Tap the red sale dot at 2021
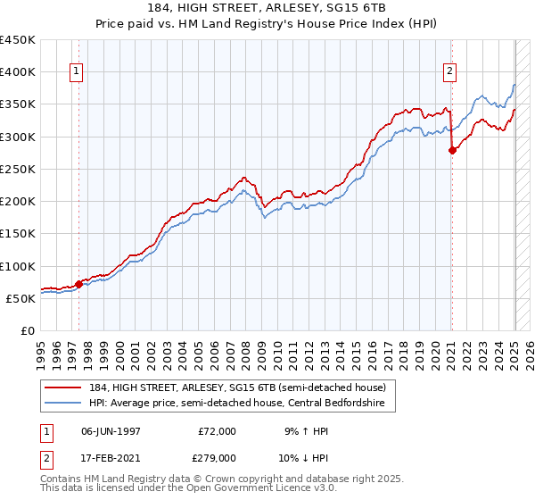coord(452,150)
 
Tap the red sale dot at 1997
coord(78,284)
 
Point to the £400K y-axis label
coord(18,72)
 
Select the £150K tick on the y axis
coord(18,234)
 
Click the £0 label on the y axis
coord(27,330)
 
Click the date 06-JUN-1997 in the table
coord(111,430)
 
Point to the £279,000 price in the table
coord(216,457)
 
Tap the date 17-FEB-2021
coord(111,457)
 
